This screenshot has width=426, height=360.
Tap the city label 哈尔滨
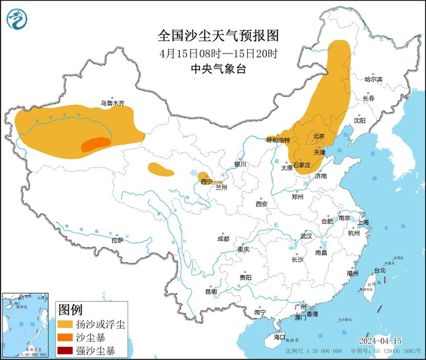tap(373, 80)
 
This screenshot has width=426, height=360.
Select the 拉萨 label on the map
tap(118, 240)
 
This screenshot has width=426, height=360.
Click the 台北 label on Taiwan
tap(380, 270)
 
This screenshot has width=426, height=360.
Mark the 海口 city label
tap(279, 336)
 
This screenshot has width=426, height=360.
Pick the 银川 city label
tap(240, 164)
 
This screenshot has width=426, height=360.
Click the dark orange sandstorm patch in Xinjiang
tap(96, 144)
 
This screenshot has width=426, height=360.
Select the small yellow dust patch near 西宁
tap(205, 176)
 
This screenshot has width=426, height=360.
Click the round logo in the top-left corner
tap(17, 19)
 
